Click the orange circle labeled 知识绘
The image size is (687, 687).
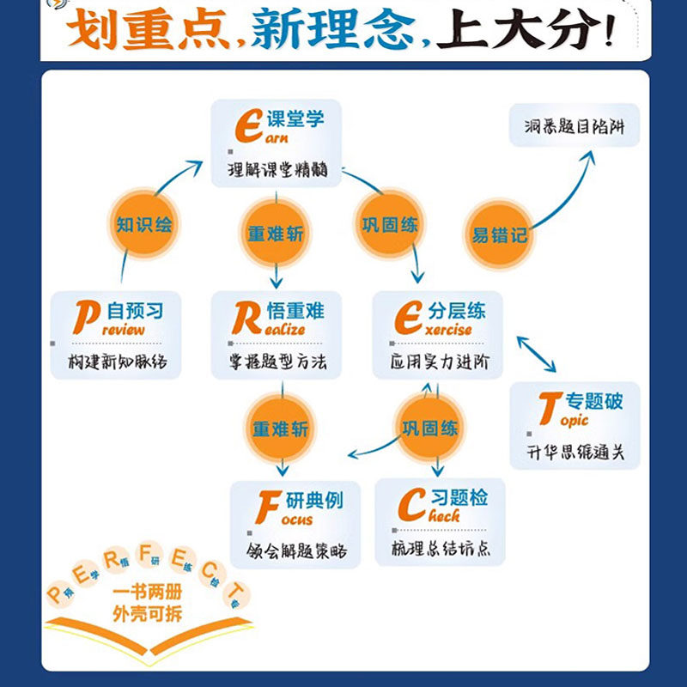144,225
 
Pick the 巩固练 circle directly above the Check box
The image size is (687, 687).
430,427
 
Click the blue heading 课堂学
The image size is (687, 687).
295,119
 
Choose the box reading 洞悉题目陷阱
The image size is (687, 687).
575,128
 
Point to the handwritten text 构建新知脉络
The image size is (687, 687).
118,362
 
